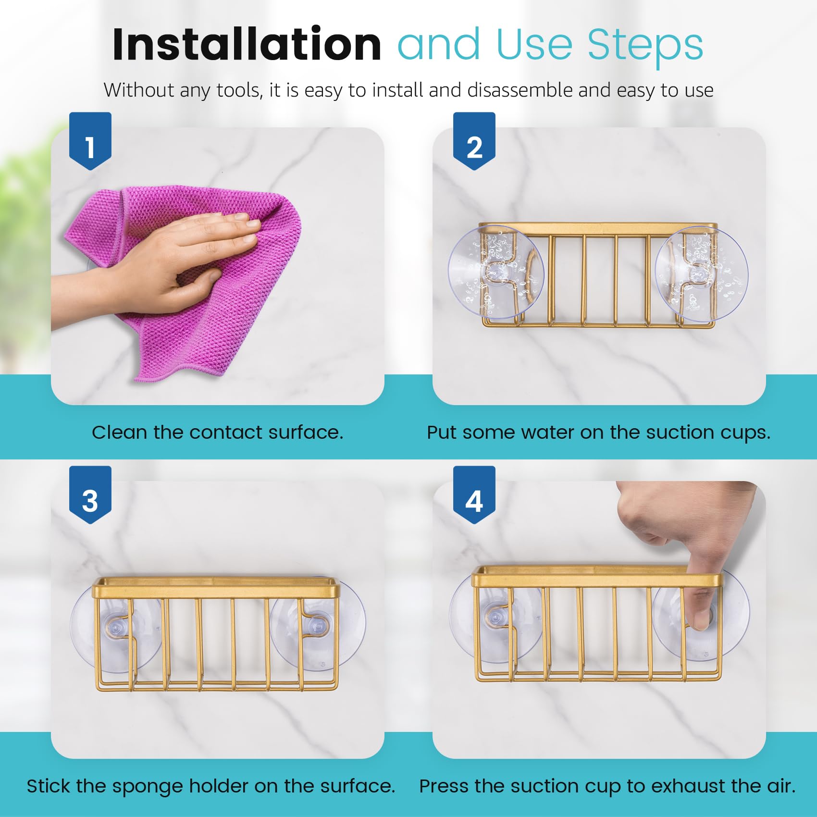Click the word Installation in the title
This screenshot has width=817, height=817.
(247, 44)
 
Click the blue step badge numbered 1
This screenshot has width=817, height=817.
(90, 141)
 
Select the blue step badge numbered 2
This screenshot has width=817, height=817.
(474, 141)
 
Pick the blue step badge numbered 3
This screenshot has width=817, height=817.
(90, 495)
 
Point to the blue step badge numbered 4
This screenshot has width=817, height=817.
(474, 495)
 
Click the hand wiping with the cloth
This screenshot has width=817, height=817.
(159, 267)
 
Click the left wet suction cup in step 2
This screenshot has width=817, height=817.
(496, 272)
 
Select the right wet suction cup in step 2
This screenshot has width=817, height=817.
(701, 274)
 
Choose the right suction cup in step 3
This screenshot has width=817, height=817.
(318, 625)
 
